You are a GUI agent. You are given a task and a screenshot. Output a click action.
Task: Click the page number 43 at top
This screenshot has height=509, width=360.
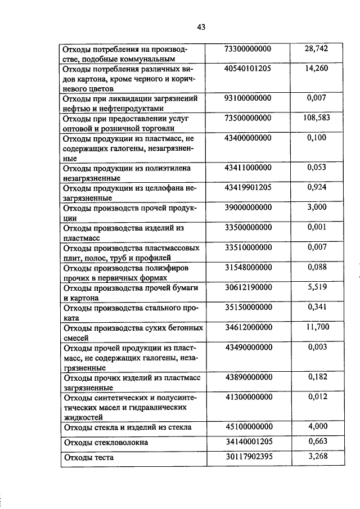tap(202, 26)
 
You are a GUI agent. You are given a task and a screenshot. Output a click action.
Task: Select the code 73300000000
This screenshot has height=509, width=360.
tap(248, 49)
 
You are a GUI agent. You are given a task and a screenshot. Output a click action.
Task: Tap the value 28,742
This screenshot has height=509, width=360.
tap(316, 49)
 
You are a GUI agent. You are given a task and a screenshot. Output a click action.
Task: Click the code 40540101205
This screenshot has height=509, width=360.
tap(248, 69)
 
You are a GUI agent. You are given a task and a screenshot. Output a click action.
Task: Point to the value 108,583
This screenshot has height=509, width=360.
tap(316, 118)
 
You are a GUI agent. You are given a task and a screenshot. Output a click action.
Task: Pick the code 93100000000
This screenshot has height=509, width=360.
tap(248, 98)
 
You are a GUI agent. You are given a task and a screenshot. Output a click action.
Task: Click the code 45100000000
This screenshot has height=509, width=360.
tap(248, 427)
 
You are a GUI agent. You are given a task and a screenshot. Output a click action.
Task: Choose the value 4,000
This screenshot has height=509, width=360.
tap(317, 427)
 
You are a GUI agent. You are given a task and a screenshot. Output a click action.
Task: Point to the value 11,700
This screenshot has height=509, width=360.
tap(317, 327)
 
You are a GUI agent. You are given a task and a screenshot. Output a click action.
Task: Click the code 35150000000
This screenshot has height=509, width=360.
tap(248, 307)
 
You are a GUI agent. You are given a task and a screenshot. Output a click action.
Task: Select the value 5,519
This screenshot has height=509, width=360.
tap(317, 287)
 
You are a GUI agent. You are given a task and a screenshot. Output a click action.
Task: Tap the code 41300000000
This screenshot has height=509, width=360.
tap(248, 397)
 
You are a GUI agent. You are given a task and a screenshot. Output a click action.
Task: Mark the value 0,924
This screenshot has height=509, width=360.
tap(317, 187)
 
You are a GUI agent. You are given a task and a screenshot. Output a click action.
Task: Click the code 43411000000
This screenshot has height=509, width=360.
tap(248, 168)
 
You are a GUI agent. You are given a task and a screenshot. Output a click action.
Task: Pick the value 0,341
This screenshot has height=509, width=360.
tap(317, 307)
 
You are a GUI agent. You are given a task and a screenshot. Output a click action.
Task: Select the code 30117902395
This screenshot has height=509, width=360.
tap(248, 457)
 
